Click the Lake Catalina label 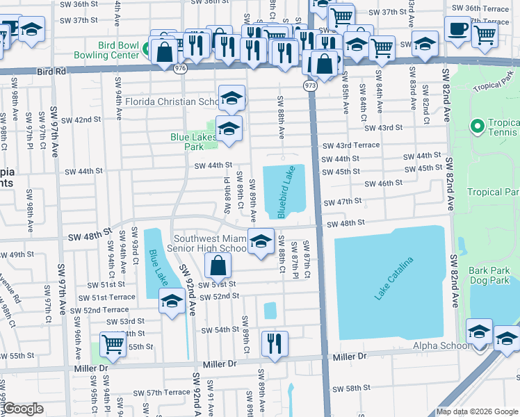[393, 279]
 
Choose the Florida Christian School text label [171, 101]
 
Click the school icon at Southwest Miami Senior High [261, 241]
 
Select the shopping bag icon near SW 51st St [218, 265]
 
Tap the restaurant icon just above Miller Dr [275, 343]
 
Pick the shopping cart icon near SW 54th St [113, 343]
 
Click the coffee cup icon [457, 29]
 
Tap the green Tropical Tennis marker [476, 127]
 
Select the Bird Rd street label [51, 70]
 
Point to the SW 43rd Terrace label [351, 145]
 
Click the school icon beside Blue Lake [171, 301]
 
